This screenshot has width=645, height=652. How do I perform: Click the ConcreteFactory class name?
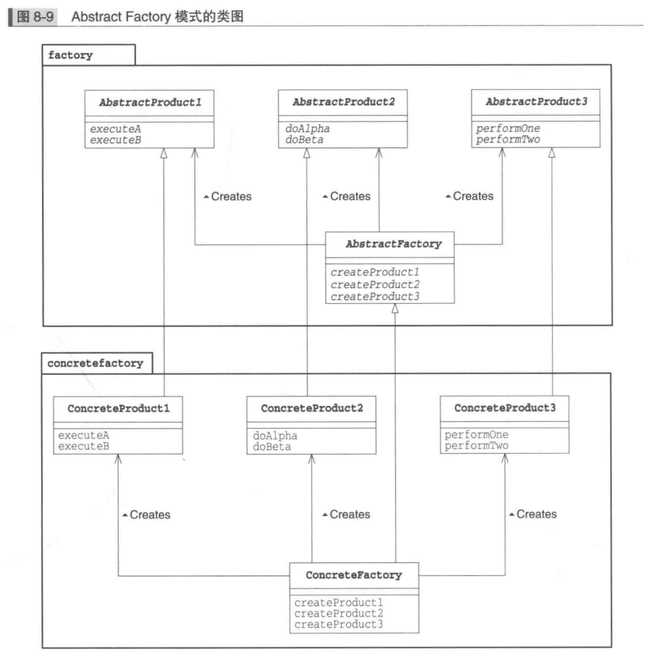(354, 575)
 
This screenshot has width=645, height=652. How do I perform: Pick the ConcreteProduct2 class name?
(311, 409)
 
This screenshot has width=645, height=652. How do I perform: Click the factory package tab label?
(70, 55)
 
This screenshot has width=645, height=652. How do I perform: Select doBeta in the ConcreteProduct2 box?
(271, 448)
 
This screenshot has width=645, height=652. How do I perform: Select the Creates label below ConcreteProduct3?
(534, 514)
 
